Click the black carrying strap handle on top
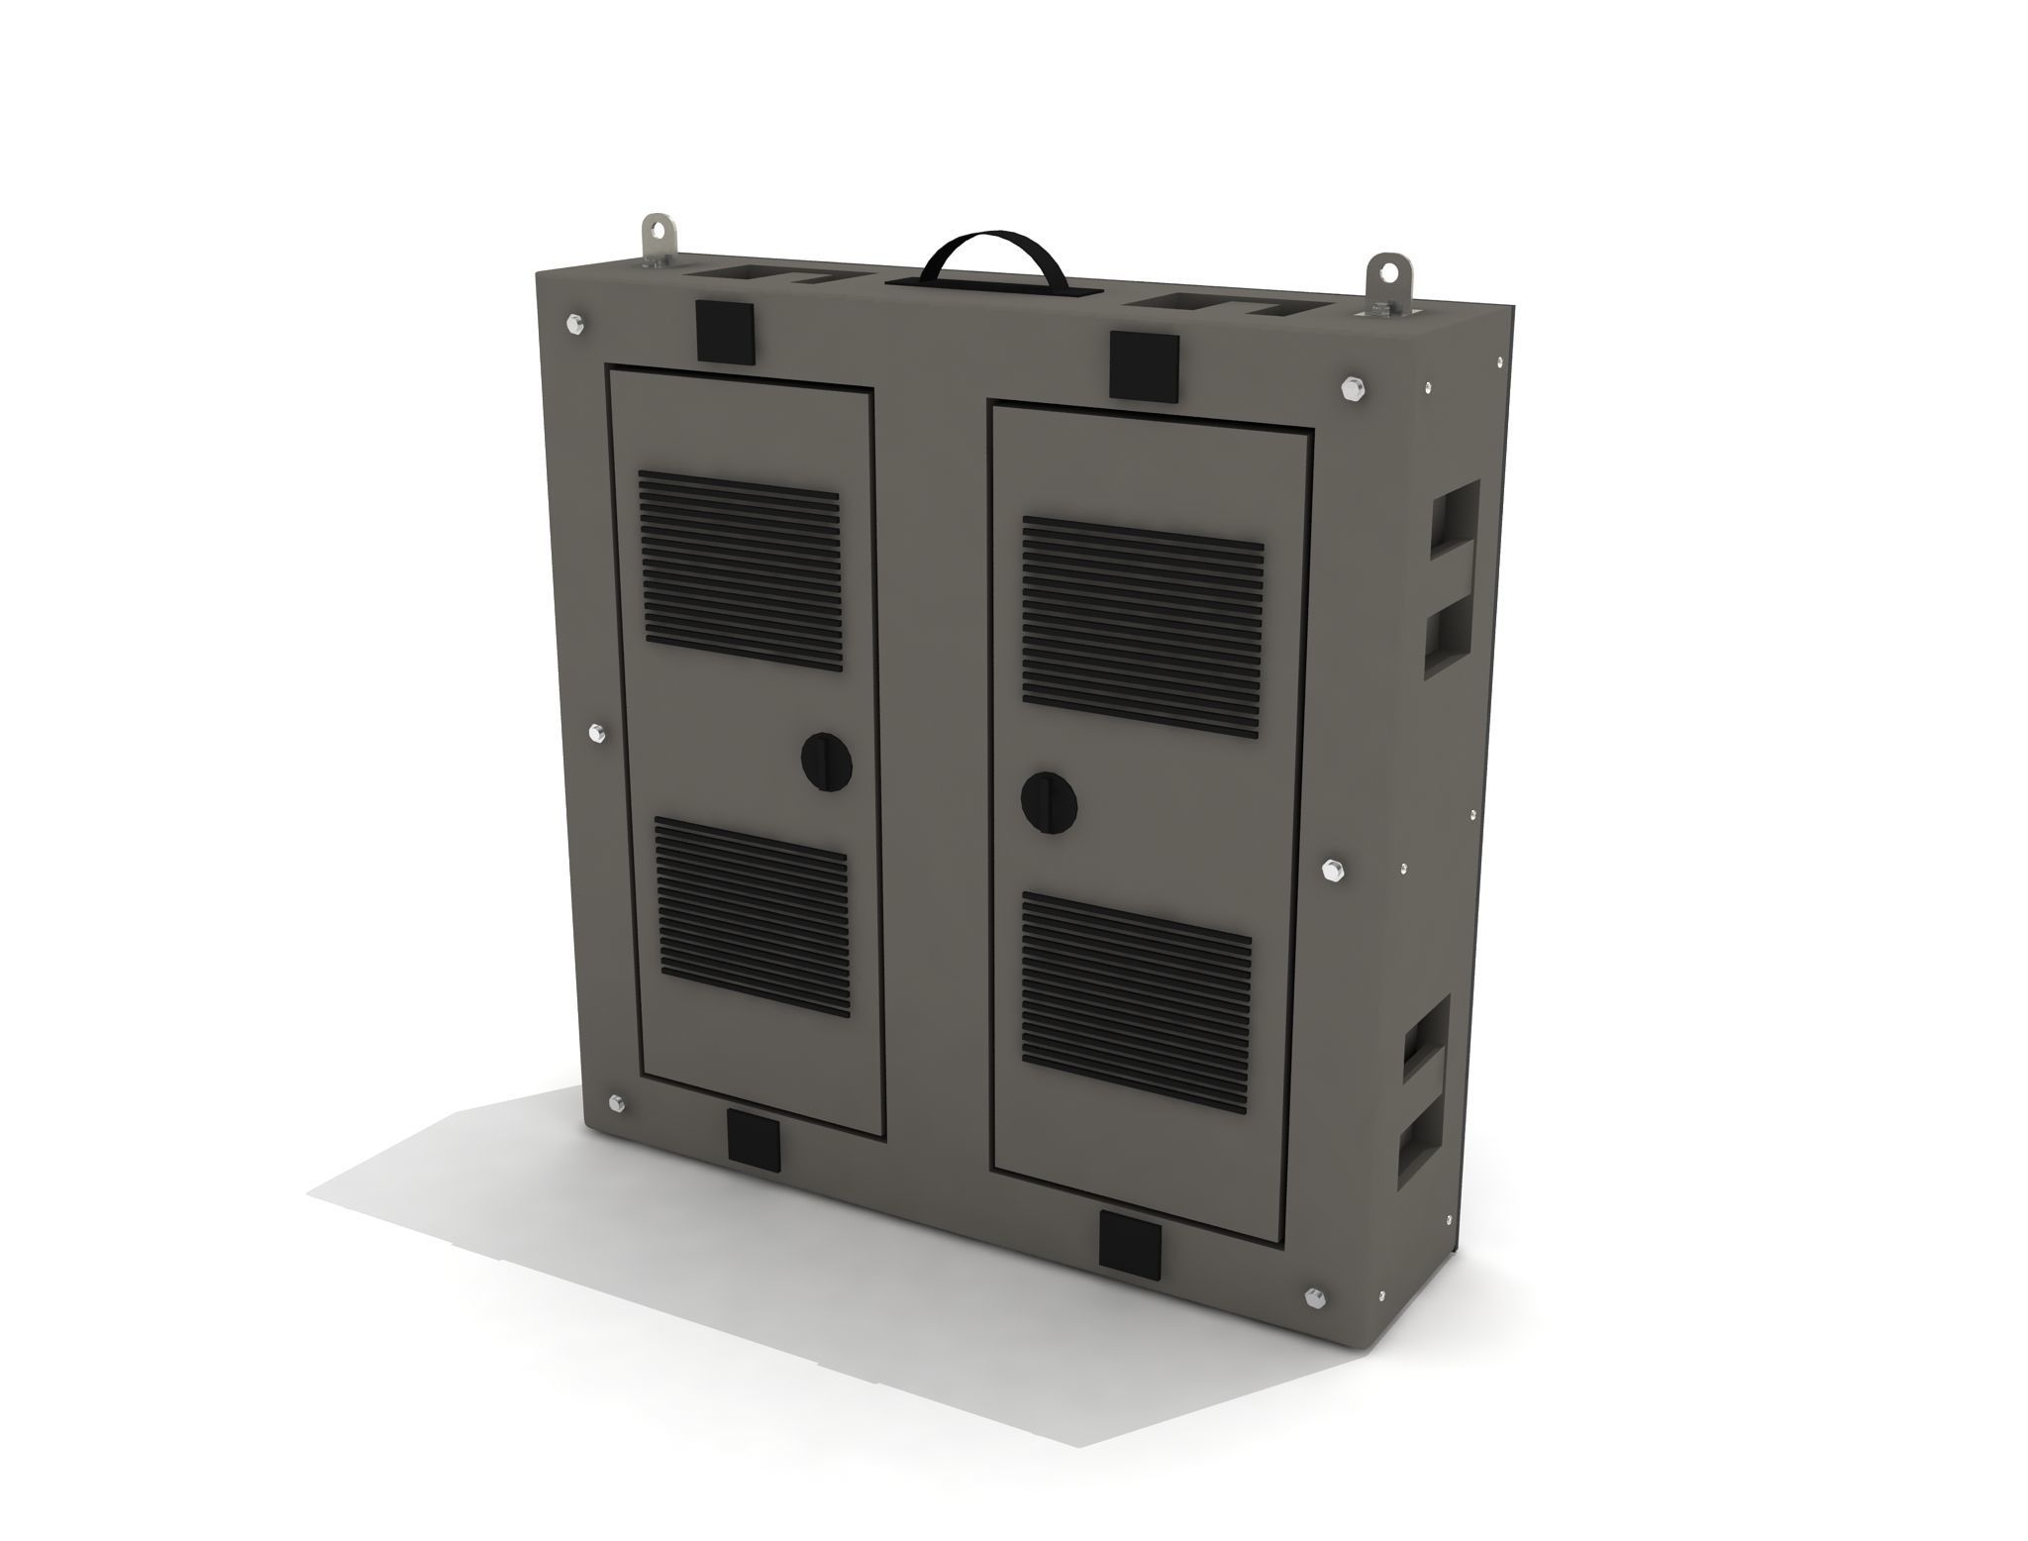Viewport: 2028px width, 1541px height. pyautogui.click(x=992, y=248)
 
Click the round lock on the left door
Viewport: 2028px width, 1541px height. pyautogui.click(x=826, y=761)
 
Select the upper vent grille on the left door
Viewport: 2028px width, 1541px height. pyautogui.click(x=739, y=570)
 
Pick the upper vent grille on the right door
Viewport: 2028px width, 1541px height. pyautogui.click(x=1142, y=624)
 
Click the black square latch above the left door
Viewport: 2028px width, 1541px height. pyautogui.click(x=725, y=330)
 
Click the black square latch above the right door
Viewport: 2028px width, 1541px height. pyautogui.click(x=1144, y=365)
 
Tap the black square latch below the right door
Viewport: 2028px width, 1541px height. pyautogui.click(x=1129, y=1245)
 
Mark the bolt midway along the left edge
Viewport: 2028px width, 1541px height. pyautogui.click(x=595, y=734)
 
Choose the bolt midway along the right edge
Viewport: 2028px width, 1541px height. pyautogui.click(x=1332, y=871)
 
